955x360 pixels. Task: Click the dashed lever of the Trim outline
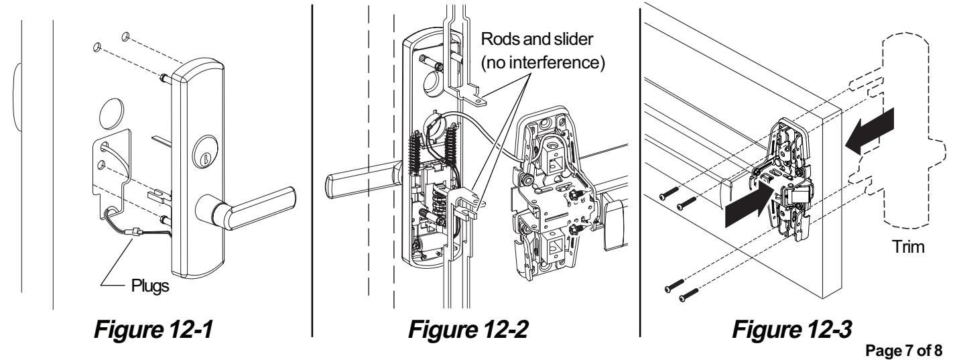tap(928, 164)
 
